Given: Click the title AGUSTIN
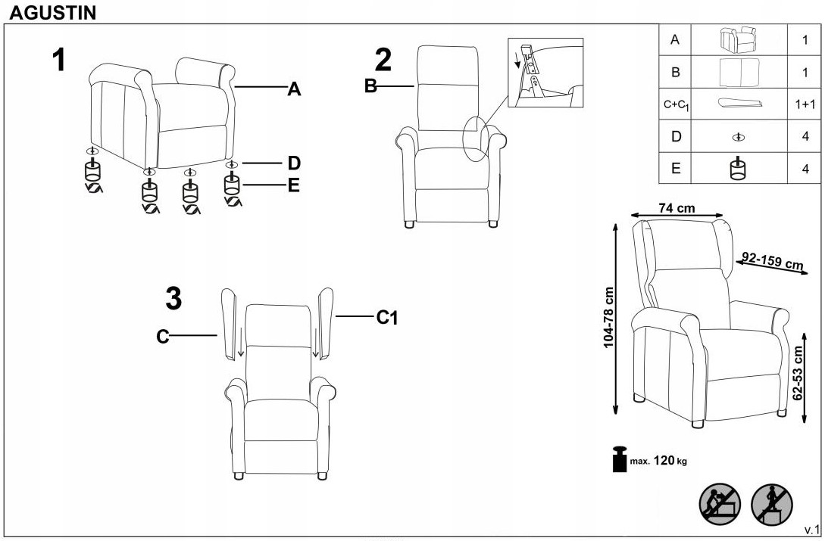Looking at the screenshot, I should coord(53,13).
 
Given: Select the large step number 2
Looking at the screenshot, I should coord(384,61).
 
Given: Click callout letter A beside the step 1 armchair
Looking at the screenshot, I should coord(294,90).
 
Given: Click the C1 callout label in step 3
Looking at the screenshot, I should coord(387,319).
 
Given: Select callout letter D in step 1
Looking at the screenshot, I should coord(294,163).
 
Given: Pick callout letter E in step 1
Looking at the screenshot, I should coord(294,185).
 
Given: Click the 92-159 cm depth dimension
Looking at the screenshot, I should coord(773,260).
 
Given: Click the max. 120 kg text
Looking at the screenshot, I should coord(658,460).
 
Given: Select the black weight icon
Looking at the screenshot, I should coord(618,459).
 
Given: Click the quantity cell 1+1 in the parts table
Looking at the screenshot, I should coord(805,104).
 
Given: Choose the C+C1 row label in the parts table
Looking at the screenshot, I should coord(676,105).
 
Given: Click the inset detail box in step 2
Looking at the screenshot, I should coord(545,73).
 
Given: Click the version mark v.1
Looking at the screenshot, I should coord(811,527).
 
